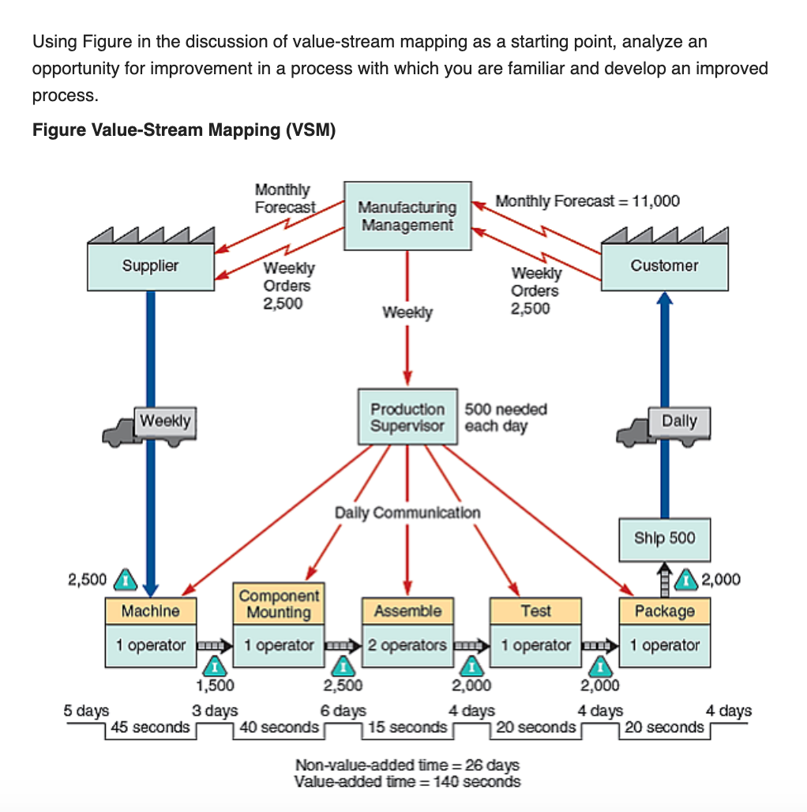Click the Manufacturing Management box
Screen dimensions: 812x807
407,216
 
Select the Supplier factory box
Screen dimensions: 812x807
150,266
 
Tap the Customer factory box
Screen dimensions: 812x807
664,266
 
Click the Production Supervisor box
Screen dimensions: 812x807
407,417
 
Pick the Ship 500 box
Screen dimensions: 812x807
664,538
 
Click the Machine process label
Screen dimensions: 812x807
150,611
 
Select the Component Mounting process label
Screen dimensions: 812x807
279,604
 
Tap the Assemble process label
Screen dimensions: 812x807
407,611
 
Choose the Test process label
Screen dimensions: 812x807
535,611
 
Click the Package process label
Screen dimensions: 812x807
664,611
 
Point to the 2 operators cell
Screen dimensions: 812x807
407,645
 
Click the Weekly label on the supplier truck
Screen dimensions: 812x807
165,420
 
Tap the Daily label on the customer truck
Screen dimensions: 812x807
679,420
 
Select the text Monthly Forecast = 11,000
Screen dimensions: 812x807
587,201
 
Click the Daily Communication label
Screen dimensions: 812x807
407,512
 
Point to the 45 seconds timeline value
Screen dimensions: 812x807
151,727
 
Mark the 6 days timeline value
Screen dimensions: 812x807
343,711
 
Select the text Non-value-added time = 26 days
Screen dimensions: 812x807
407,765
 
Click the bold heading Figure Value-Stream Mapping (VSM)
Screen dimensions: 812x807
184,130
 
